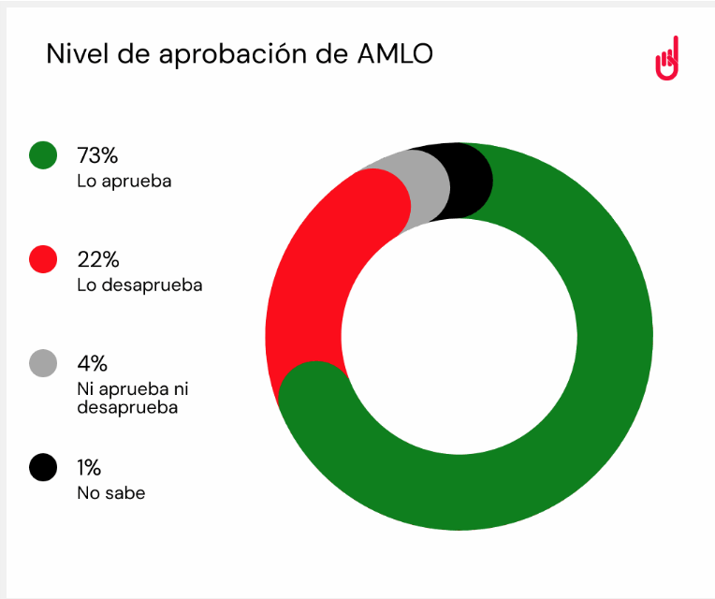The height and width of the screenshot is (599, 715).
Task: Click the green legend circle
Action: pos(43,155)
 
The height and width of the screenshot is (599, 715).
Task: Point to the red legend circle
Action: pos(43,259)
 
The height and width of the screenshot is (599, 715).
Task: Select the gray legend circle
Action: pos(43,363)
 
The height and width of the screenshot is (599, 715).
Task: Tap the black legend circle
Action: pos(43,467)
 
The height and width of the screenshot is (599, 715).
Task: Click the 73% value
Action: pos(97,155)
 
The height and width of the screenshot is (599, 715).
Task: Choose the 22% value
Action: pos(98,259)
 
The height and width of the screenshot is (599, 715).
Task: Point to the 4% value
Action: pos(93,363)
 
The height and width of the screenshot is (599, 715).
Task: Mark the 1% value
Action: pos(89,467)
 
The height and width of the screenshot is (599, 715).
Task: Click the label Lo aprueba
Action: pos(124,181)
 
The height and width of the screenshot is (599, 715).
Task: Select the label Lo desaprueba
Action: pos(139,285)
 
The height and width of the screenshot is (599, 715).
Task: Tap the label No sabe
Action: pos(111,492)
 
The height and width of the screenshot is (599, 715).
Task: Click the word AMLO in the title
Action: pos(396,54)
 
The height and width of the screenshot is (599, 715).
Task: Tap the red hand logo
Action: pos(666,60)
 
